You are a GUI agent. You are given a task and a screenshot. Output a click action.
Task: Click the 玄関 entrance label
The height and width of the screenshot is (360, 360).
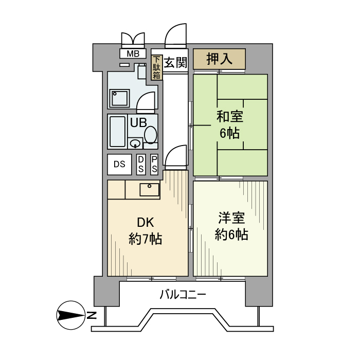tap(175, 63)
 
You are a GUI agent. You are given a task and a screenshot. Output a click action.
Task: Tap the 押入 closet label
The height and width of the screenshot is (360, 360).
tap(219, 59)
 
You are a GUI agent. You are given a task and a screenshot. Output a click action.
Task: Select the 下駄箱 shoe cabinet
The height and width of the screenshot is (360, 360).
tap(157, 68)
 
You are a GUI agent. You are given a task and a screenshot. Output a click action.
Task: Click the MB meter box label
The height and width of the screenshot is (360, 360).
tap(133, 53)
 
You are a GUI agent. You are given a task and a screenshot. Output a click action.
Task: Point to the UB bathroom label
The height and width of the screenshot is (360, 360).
tap(138, 122)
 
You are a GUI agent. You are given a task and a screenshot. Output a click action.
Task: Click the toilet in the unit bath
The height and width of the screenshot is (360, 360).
tap(151, 135)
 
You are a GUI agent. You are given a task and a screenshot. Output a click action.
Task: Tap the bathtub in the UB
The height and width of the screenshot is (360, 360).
tap(117, 132)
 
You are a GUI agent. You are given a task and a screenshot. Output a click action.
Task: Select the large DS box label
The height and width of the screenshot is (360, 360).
tap(119, 165)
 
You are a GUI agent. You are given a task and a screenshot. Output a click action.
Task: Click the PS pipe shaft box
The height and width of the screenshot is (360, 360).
tap(154, 165)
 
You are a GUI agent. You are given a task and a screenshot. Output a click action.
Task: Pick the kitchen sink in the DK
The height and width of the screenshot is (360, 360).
tap(150, 190)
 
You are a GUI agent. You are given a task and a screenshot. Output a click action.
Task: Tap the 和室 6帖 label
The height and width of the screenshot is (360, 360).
tap(230, 125)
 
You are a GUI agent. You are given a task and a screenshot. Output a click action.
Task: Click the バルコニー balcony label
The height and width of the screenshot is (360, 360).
tap(183, 295)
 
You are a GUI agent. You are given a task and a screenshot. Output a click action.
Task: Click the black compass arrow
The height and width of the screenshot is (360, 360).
tap(70, 315)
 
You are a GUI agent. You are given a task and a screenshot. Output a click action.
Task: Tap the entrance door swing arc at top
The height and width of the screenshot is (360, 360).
tap(176, 36)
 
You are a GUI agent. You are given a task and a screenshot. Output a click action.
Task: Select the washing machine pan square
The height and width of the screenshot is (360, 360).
tap(120, 97)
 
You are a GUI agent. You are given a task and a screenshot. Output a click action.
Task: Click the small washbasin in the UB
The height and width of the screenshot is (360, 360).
tap(135, 143)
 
